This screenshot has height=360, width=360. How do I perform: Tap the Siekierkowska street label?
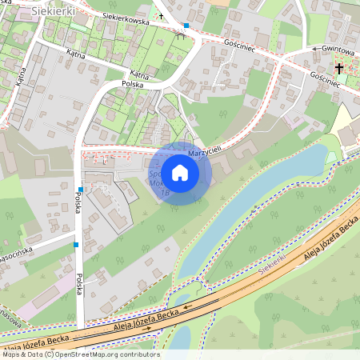[x=126, y=18]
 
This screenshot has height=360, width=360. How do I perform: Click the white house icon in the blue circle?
[x=180, y=172]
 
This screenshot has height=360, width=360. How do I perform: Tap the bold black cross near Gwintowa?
[x=339, y=69]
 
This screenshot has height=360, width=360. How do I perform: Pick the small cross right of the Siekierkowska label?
[x=160, y=16]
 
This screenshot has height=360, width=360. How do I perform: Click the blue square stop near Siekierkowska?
[x=186, y=26]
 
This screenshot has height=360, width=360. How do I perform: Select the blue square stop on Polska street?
[x=76, y=245]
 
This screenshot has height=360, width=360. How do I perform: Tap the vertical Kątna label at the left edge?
[x=22, y=76]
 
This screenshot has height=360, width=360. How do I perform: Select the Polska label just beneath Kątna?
[x=132, y=83]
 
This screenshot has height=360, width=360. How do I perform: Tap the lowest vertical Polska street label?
[x=80, y=284]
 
